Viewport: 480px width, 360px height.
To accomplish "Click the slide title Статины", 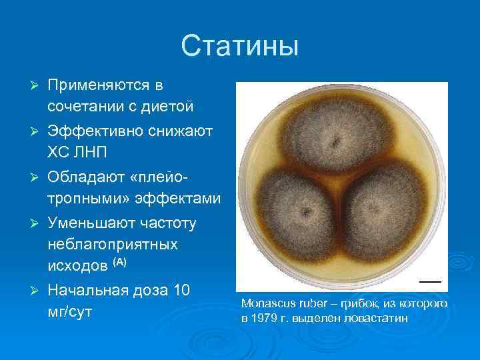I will point(239,47).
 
